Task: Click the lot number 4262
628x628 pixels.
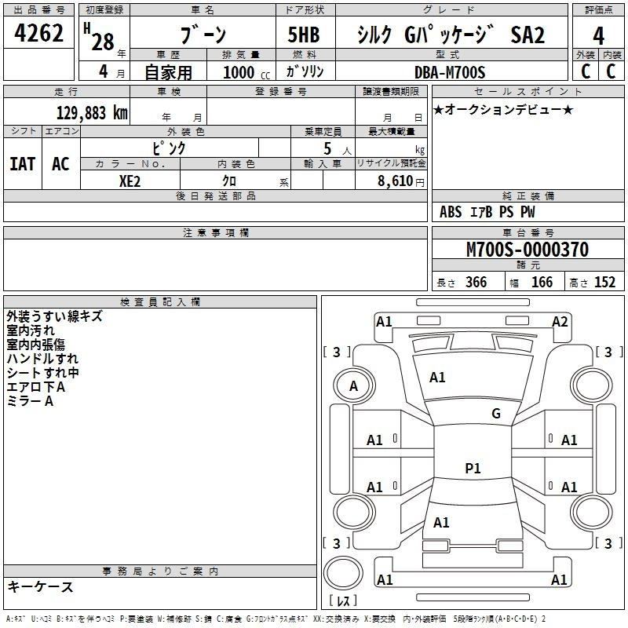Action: pyautogui.click(x=38, y=33)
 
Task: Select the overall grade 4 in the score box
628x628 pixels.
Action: pyautogui.click(x=598, y=36)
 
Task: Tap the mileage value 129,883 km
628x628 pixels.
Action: pyautogui.click(x=92, y=113)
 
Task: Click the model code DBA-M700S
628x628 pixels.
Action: pyautogui.click(x=450, y=72)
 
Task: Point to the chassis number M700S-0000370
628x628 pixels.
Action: pyautogui.click(x=528, y=250)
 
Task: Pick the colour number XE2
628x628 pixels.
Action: pyautogui.click(x=130, y=181)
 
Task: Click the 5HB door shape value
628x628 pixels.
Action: pyautogui.click(x=304, y=35)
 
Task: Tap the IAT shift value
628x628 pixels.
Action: pyautogui.click(x=23, y=164)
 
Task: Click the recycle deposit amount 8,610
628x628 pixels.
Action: pyautogui.click(x=396, y=181)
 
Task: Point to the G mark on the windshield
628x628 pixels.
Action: pyautogui.click(x=496, y=414)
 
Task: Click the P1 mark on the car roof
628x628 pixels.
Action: pyautogui.click(x=473, y=468)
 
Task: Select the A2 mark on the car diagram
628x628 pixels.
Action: pyautogui.click(x=560, y=322)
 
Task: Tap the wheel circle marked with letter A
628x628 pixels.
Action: pyautogui.click(x=354, y=386)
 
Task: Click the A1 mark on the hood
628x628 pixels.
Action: pyautogui.click(x=437, y=378)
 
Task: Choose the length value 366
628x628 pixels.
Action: pyautogui.click(x=476, y=283)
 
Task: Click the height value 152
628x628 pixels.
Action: pyautogui.click(x=604, y=283)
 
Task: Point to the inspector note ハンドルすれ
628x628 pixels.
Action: pyautogui.click(x=42, y=359)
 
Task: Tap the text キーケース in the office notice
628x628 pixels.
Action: pyautogui.click(x=41, y=586)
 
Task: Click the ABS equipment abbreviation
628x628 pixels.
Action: pyautogui.click(x=451, y=212)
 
